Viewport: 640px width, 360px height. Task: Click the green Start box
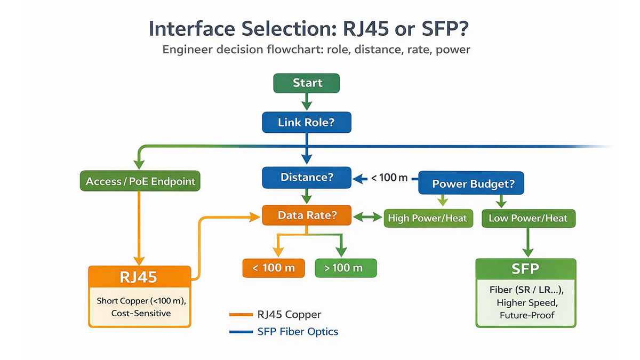pos(307,83)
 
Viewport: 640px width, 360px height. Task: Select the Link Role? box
pos(306,123)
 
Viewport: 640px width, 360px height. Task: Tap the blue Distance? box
pos(306,177)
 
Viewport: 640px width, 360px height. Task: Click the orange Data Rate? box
pos(306,215)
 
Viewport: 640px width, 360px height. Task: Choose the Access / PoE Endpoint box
pos(140,181)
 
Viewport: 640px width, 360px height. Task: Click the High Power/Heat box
pos(428,218)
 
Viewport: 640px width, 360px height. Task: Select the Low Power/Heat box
pos(528,218)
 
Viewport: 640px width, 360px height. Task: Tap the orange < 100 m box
pos(274,268)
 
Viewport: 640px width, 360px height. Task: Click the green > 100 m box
pos(346,268)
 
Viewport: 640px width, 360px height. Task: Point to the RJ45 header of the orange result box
pos(140,278)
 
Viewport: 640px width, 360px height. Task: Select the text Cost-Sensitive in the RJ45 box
pos(141,313)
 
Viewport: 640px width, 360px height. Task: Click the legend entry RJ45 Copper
pos(289,315)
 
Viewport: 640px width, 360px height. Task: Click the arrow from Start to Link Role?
pos(306,102)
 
